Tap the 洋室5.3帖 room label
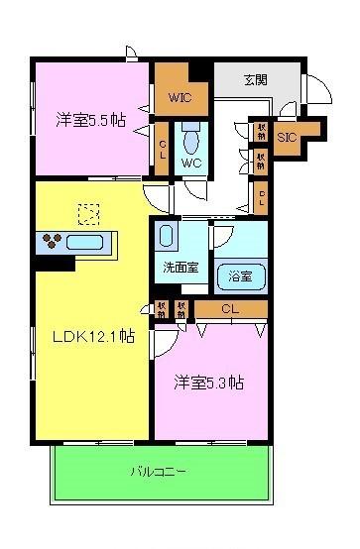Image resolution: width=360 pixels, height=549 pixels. pyautogui.click(x=210, y=383)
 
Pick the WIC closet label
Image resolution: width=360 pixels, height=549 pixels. pyautogui.click(x=180, y=98)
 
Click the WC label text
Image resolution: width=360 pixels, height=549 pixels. pyautogui.click(x=190, y=163)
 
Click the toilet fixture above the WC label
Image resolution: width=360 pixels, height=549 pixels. pyautogui.click(x=189, y=135)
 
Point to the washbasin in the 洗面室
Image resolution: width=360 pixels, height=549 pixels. pyautogui.click(x=167, y=236)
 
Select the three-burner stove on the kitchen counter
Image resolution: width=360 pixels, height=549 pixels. pyautogui.click(x=53, y=241)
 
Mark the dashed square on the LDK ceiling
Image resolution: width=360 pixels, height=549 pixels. pyautogui.click(x=90, y=212)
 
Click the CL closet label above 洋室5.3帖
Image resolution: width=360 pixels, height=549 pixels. pyautogui.click(x=230, y=309)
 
